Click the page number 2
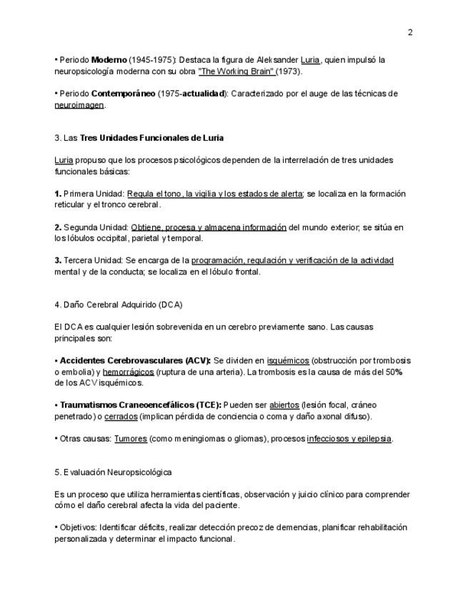(410, 32)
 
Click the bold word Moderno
(109, 60)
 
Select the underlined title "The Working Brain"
(238, 71)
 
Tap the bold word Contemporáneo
(123, 94)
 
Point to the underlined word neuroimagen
(79, 105)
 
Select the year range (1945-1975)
(152, 60)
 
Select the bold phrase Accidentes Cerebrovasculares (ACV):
(135, 361)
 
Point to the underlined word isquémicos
(288, 361)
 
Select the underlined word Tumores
(131, 439)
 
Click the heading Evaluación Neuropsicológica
(117, 472)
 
